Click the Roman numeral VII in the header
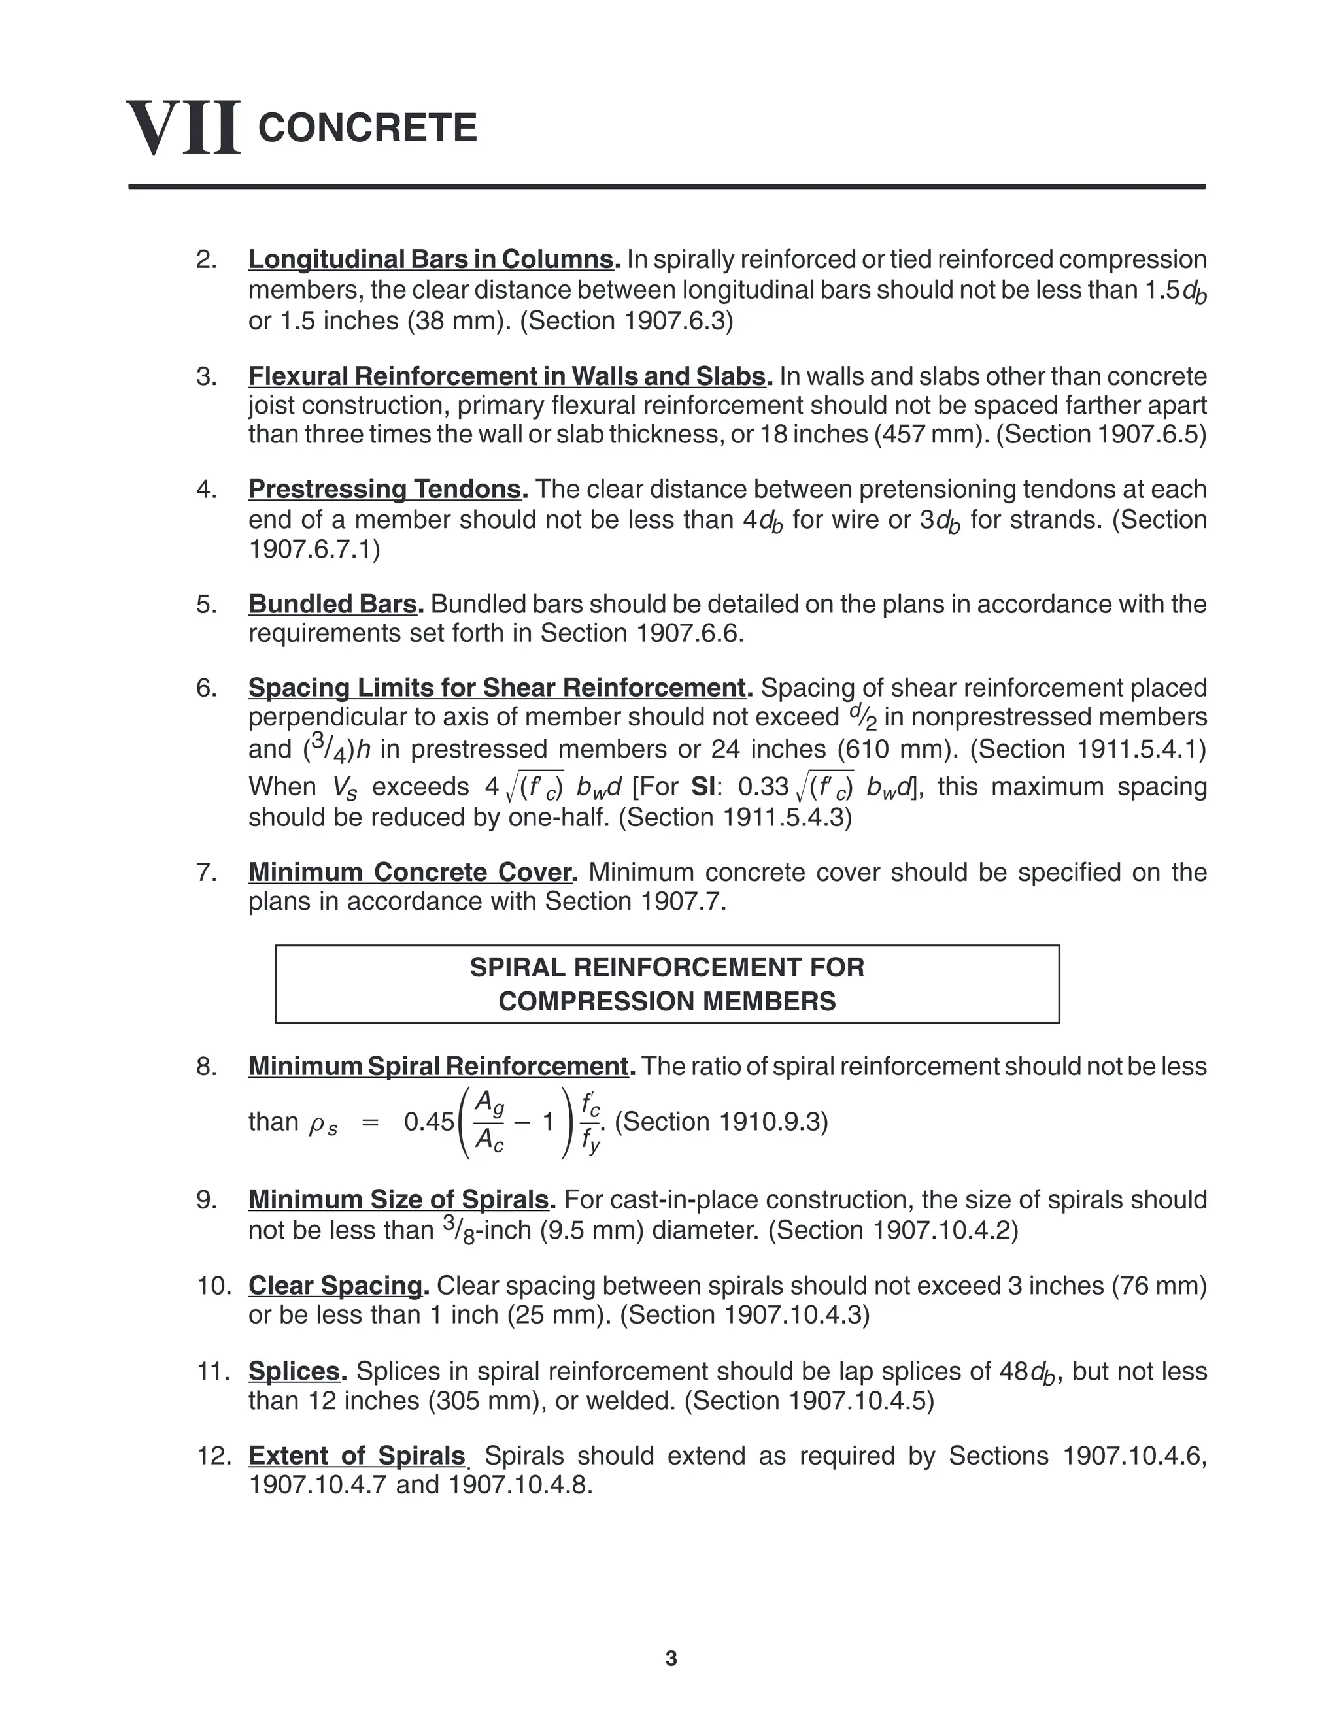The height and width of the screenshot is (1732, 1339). click(183, 127)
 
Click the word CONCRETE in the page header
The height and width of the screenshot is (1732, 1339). click(367, 127)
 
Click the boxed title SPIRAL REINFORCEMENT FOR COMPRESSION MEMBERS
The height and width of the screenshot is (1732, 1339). click(667, 984)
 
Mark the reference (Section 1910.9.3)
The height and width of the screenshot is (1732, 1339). click(721, 1122)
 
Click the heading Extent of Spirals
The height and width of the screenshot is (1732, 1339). click(357, 1456)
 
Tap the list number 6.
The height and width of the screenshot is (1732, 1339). click(206, 688)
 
